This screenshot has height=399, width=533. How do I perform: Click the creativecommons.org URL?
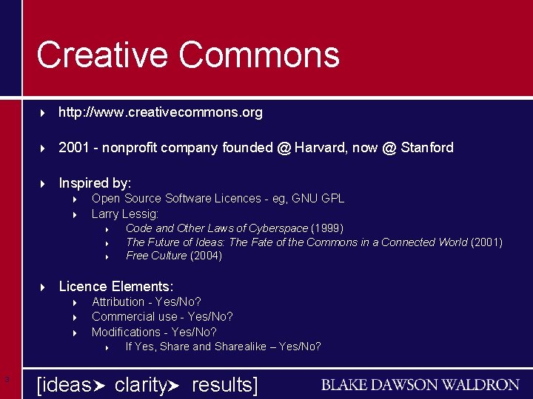[161, 112]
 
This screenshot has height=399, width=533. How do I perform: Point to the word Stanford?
[427, 148]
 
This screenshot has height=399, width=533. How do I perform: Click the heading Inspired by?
[95, 183]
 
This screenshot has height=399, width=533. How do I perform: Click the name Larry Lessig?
[124, 214]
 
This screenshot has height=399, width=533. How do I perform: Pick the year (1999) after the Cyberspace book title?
[327, 228]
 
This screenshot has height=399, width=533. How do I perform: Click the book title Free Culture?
[156, 256]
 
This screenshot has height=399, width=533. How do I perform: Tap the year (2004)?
[206, 256]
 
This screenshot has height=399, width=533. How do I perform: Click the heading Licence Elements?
[116, 286]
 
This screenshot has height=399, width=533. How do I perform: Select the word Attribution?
[118, 301]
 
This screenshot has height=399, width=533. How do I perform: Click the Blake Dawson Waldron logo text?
[420, 384]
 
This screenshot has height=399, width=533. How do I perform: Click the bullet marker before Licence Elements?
[43, 287]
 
